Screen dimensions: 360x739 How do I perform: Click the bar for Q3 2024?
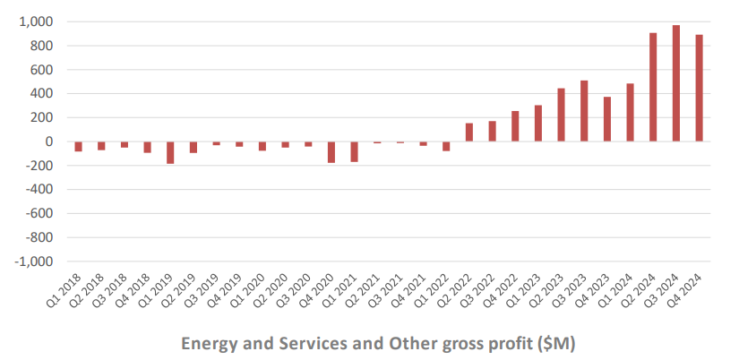[x=676, y=83]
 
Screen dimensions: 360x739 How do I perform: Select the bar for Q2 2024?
[x=653, y=87]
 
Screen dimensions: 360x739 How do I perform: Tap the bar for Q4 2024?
[x=699, y=88]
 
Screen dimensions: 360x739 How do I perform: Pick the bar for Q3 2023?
[x=584, y=111]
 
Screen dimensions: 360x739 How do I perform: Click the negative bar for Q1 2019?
[x=170, y=152]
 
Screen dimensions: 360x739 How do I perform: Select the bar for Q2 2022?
[x=469, y=132]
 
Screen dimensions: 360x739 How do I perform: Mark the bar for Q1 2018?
[x=79, y=146]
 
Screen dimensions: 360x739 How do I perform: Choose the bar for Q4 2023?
[x=607, y=119]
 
